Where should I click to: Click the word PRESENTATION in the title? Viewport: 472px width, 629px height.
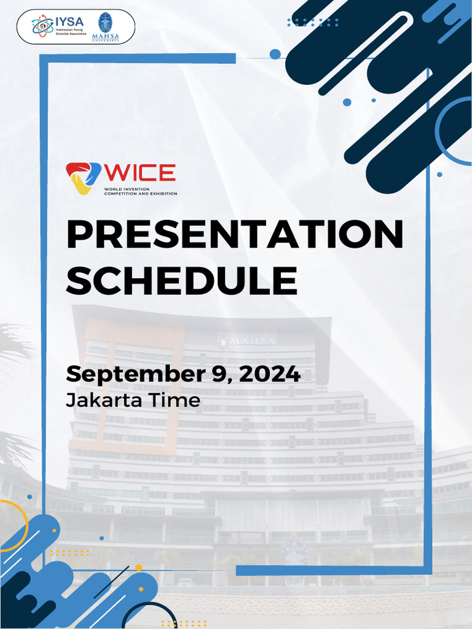tap(234, 235)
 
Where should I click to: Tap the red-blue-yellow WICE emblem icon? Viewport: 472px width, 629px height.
tap(83, 178)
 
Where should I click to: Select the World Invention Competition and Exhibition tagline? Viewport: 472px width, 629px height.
tap(140, 192)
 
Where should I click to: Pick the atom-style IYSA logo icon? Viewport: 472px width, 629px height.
tap(42, 26)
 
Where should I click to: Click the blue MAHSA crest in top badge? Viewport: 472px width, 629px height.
tap(106, 23)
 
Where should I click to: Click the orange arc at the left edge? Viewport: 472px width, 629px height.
tap(14, 522)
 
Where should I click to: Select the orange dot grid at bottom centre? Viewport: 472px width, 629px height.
tap(184, 623)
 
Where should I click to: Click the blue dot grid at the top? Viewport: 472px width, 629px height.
tap(313, 22)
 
